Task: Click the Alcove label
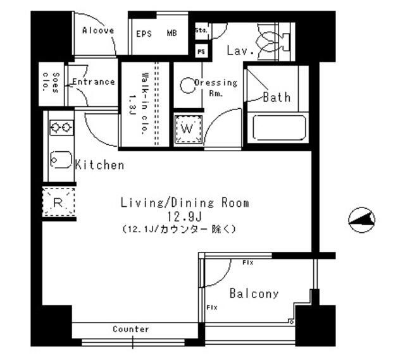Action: tap(98, 30)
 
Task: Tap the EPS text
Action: tap(144, 34)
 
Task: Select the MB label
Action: tap(171, 34)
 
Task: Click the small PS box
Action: tap(201, 51)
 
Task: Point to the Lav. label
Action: tap(240, 50)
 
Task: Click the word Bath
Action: tap(277, 97)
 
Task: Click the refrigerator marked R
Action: tap(58, 203)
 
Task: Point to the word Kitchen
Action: tap(100, 166)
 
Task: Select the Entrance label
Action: tap(93, 82)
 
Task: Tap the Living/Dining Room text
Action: tap(185, 203)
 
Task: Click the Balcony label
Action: tap(254, 294)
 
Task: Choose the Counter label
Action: tap(131, 330)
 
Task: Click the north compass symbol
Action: tap(362, 220)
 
